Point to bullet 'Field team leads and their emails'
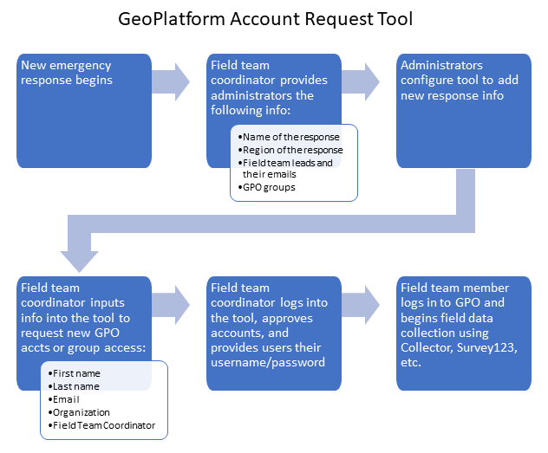pyautogui.click(x=287, y=168)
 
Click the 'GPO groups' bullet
pyautogui.click(x=269, y=186)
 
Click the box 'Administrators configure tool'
pyautogui.click(x=463, y=110)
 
